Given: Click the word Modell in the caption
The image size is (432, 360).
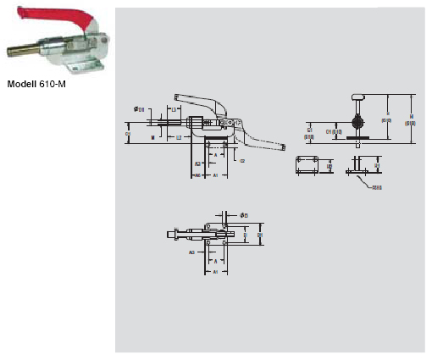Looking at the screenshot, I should coord(23,85).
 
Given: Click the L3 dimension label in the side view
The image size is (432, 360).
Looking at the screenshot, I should coord(173,109).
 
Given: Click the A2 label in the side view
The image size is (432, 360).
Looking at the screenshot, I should coord(197,163).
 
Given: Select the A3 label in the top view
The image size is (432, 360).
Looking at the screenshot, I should coord(192,252).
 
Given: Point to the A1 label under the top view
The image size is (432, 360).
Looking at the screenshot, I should coord(215,273).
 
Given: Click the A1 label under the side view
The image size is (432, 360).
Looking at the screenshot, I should coord(215,174).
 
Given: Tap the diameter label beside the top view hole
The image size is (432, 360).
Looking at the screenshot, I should coord(244,215).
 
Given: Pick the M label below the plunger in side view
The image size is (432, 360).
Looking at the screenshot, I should coord(152,136).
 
